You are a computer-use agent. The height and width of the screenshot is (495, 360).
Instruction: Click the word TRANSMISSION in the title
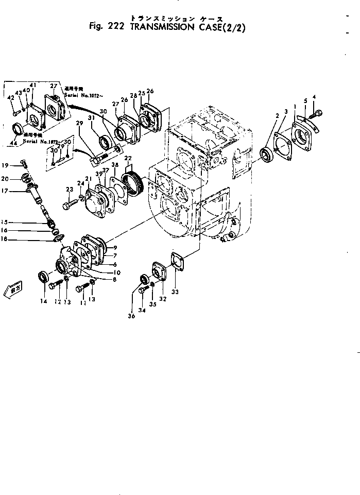(x=170, y=28)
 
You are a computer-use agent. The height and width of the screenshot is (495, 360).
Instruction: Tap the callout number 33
(x=174, y=292)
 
